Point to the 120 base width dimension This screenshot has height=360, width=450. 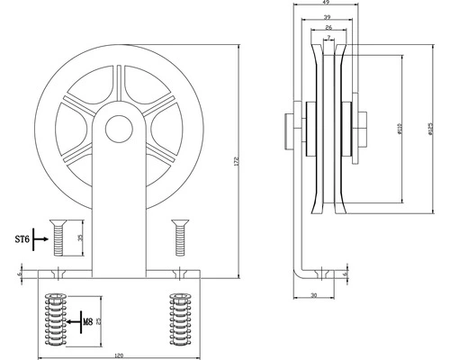point(118,355)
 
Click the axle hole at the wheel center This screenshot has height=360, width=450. point(116,129)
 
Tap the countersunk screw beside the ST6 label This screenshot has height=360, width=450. point(59,238)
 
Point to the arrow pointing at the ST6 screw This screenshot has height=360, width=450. point(41,240)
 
